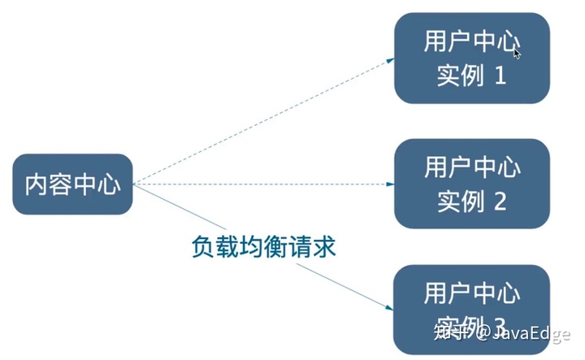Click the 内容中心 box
point(72,184)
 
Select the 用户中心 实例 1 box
point(472,58)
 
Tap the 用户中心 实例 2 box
point(472,183)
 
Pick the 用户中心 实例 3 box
point(472,305)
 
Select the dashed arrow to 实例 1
point(260,121)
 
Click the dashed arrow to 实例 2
point(260,184)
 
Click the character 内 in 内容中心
point(36,184)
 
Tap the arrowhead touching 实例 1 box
point(390,59)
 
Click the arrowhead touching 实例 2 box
point(390,184)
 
